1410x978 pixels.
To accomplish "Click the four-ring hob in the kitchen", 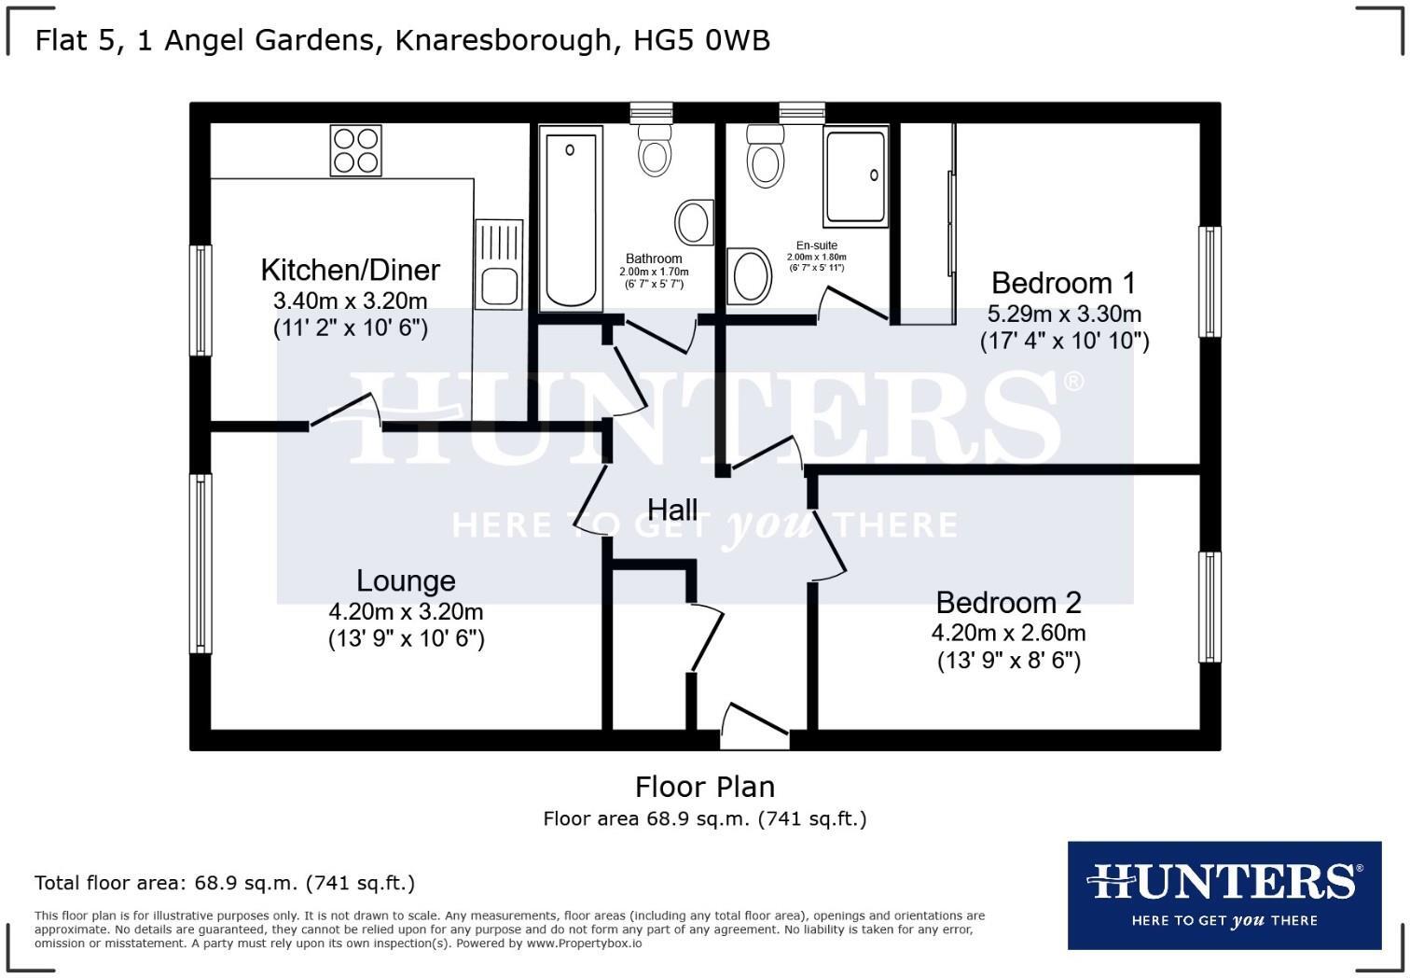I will point(356,150).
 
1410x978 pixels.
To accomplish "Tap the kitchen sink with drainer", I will point(499,264).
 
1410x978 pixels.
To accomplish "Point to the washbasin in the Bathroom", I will point(693,223).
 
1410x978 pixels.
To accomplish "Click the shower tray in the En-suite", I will point(854,175).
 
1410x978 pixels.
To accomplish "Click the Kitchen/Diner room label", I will point(350,270).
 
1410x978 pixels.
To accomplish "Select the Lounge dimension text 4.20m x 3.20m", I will point(406,612).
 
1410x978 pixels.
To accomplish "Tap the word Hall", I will point(672,510).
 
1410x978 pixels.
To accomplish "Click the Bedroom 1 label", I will point(1064,283).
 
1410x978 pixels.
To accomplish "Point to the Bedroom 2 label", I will point(1008,603).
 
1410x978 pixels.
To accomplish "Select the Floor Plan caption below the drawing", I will point(705,787).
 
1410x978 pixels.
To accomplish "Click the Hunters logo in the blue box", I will point(1223,894).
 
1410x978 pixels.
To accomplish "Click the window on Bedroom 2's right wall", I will point(1210,607).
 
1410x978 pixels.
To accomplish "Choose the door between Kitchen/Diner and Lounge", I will point(344,413).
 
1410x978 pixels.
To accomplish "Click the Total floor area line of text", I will point(225,883).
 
